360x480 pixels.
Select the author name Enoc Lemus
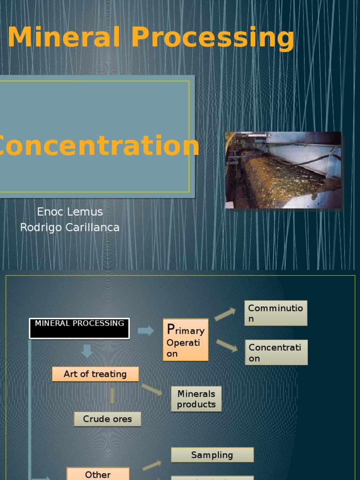point(70,212)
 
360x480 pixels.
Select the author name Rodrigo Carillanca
point(70,228)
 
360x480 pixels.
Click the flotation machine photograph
point(283,170)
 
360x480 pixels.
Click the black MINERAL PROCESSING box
point(79,328)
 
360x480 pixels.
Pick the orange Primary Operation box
point(186,340)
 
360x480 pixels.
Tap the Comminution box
point(276,313)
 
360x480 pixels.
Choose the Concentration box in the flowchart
point(276,352)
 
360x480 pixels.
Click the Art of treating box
point(95,374)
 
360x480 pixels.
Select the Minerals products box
point(196,399)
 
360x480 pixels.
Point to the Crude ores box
point(107,419)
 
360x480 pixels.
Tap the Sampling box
point(212,455)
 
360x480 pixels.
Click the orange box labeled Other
point(97,473)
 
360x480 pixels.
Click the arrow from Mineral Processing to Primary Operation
point(146,331)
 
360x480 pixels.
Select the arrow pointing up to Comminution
point(225,314)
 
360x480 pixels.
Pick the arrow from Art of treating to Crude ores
point(112,396)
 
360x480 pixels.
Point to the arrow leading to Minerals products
point(152,389)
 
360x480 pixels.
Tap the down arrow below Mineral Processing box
point(87,351)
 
